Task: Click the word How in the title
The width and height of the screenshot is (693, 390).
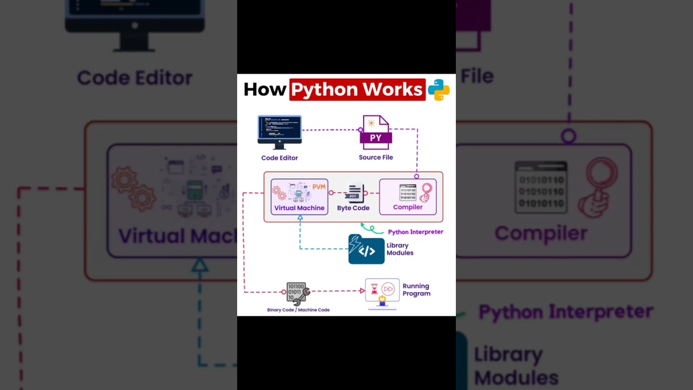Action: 264,89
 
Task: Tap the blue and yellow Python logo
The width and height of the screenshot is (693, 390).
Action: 439,90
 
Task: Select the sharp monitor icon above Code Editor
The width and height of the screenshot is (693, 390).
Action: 279,132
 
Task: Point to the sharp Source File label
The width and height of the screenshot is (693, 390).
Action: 376,158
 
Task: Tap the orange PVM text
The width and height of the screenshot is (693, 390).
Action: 319,187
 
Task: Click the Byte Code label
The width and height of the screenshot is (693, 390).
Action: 353,208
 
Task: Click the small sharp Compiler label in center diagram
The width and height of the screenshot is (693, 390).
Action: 408,207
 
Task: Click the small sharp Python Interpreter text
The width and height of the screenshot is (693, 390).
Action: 415,232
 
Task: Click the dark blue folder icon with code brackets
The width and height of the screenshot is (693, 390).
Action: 366,250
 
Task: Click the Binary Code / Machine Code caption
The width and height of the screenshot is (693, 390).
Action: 298,310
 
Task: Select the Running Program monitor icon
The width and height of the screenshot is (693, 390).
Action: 382,293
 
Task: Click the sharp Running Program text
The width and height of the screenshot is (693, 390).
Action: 416,290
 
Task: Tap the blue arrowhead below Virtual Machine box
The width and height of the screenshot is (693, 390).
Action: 300,218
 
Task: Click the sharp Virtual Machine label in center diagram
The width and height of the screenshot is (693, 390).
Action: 299,208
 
